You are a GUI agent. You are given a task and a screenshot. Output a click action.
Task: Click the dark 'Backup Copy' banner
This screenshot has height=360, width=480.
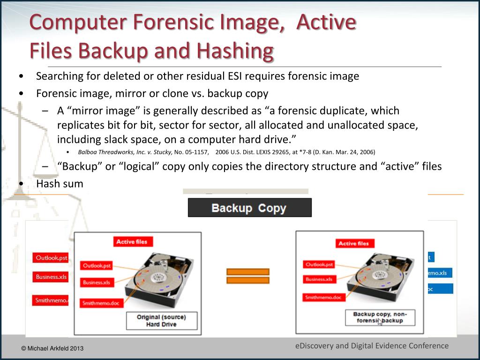(249, 208)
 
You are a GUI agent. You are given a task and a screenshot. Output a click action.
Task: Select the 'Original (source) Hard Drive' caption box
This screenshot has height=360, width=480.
(161, 321)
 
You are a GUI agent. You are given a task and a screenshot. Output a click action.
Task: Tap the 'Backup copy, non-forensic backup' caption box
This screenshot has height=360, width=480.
(380, 317)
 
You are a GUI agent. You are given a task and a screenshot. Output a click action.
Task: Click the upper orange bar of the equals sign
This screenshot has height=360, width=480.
(247, 271)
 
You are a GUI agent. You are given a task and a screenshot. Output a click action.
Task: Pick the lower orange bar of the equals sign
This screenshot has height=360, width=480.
(247, 280)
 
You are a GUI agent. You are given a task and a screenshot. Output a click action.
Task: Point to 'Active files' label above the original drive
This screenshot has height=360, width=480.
(132, 242)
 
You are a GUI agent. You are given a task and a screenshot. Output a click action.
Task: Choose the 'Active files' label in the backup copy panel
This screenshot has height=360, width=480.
(353, 243)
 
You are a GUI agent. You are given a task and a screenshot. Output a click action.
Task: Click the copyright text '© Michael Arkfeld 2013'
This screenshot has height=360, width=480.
(52, 348)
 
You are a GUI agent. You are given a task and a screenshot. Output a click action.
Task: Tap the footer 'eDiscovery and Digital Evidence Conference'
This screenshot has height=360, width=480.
(372, 346)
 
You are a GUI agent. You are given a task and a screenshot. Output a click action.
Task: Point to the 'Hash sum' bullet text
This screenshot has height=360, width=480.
(60, 184)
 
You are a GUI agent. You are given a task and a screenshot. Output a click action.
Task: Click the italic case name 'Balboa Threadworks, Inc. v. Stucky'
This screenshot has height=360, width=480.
(125, 152)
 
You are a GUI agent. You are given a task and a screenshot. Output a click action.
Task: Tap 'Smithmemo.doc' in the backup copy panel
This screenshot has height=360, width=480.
(323, 298)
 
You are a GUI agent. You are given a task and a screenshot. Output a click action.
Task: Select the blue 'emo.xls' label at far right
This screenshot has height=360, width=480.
(439, 273)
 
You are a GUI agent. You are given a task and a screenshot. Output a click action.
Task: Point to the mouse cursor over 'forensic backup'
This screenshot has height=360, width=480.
(380, 322)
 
